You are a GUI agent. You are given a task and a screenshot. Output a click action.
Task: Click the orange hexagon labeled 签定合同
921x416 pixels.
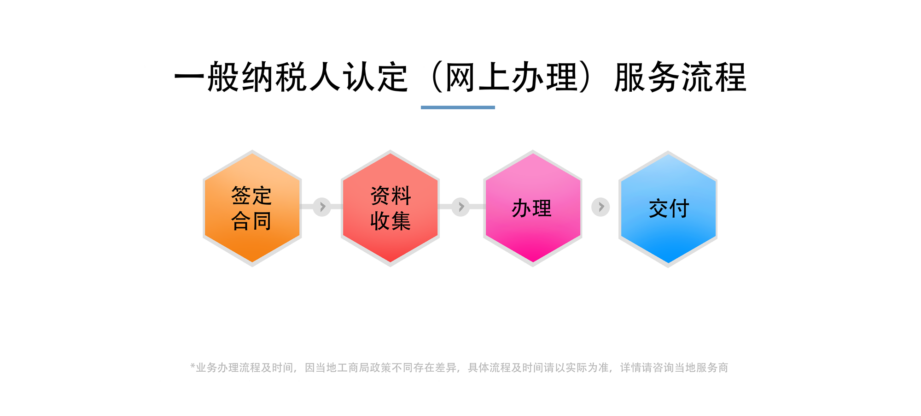(252, 208)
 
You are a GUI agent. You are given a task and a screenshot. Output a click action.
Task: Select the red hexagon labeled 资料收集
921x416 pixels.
(390, 208)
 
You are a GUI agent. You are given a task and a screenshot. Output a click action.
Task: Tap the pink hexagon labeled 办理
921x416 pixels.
(533, 208)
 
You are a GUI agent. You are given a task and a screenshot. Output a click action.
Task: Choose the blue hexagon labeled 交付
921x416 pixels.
(668, 209)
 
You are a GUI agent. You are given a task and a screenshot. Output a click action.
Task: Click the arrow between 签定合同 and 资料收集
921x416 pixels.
(322, 207)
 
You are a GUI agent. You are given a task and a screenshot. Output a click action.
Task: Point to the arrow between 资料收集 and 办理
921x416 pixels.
(460, 207)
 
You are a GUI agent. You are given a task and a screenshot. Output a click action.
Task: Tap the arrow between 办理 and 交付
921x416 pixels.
(600, 207)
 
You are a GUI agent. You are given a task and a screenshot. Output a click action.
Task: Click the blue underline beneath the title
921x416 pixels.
(458, 107)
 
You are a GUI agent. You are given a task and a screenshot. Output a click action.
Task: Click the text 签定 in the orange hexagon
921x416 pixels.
(251, 196)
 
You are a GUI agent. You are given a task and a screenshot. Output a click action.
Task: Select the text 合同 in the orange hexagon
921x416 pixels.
(251, 221)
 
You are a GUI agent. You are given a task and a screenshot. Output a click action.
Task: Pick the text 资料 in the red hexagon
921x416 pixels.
(391, 196)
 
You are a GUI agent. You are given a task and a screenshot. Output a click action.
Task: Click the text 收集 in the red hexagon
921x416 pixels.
(391, 221)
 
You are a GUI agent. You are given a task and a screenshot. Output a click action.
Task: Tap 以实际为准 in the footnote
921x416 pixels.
(582, 368)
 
